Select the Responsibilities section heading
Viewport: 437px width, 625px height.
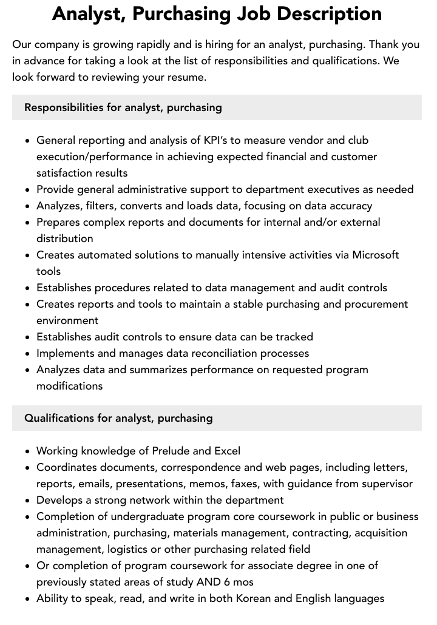click(123, 107)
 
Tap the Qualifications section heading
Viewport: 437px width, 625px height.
click(118, 418)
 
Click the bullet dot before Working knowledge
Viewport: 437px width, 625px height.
click(28, 451)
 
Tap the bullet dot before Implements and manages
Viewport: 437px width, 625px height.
click(28, 354)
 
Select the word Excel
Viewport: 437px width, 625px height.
click(227, 451)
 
